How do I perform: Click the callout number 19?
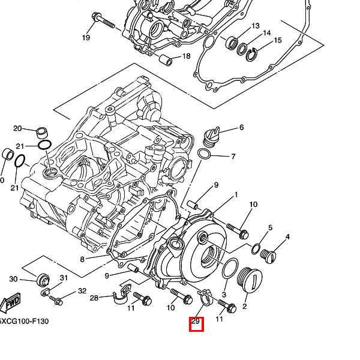(86, 38)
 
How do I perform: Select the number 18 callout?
(186, 56)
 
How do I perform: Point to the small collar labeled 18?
(163, 60)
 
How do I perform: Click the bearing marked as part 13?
(231, 43)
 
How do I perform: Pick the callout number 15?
(277, 40)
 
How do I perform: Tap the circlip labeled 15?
(253, 53)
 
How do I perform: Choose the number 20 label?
(17, 128)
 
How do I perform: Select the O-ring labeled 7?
(204, 155)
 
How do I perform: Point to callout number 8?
(82, 259)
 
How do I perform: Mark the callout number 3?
(223, 295)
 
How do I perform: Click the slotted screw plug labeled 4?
(269, 257)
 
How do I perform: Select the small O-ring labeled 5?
(256, 248)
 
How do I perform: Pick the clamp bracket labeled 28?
(121, 293)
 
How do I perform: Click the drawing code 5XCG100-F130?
(24, 321)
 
